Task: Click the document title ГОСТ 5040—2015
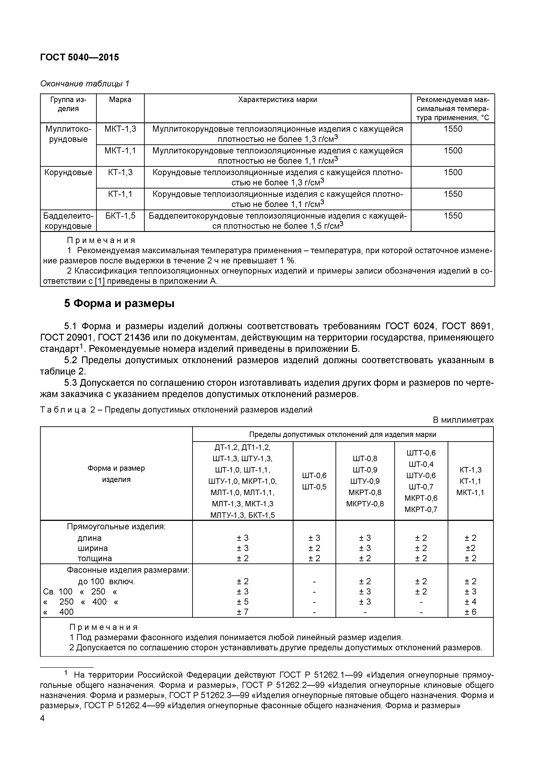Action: (x=79, y=57)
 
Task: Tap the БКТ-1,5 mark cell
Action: (x=120, y=216)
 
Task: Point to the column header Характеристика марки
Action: (x=277, y=100)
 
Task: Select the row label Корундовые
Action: (x=68, y=172)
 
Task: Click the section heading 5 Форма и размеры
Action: (x=119, y=303)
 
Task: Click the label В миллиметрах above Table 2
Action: (x=463, y=420)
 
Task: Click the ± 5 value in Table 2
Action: (x=243, y=602)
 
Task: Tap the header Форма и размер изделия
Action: (x=116, y=474)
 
